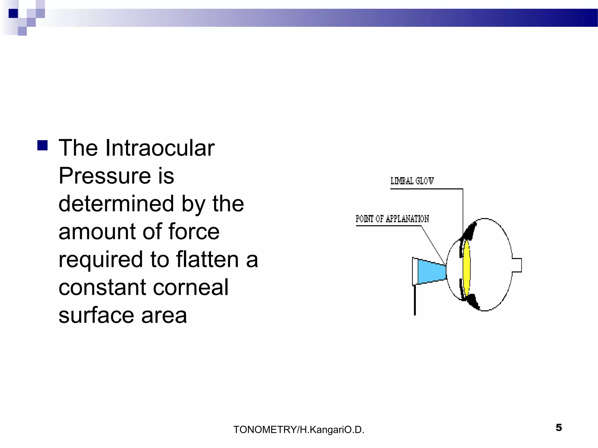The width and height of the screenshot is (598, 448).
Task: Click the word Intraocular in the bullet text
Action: point(160,148)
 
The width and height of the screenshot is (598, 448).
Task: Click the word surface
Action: point(96,315)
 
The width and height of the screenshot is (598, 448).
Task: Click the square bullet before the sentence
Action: point(43,145)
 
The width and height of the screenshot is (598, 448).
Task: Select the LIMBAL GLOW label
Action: point(412,181)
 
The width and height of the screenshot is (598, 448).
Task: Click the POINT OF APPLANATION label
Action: point(392,219)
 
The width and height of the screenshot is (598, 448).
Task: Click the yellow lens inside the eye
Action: point(467,267)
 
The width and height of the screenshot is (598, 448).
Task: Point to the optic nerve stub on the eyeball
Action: point(517,265)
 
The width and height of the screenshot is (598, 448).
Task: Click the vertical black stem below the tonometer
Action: point(415,300)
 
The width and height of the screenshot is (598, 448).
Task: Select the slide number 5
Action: point(559,428)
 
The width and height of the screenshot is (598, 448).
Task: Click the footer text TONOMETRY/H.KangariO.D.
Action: point(299,430)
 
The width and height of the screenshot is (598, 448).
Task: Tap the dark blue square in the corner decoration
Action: point(13,13)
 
